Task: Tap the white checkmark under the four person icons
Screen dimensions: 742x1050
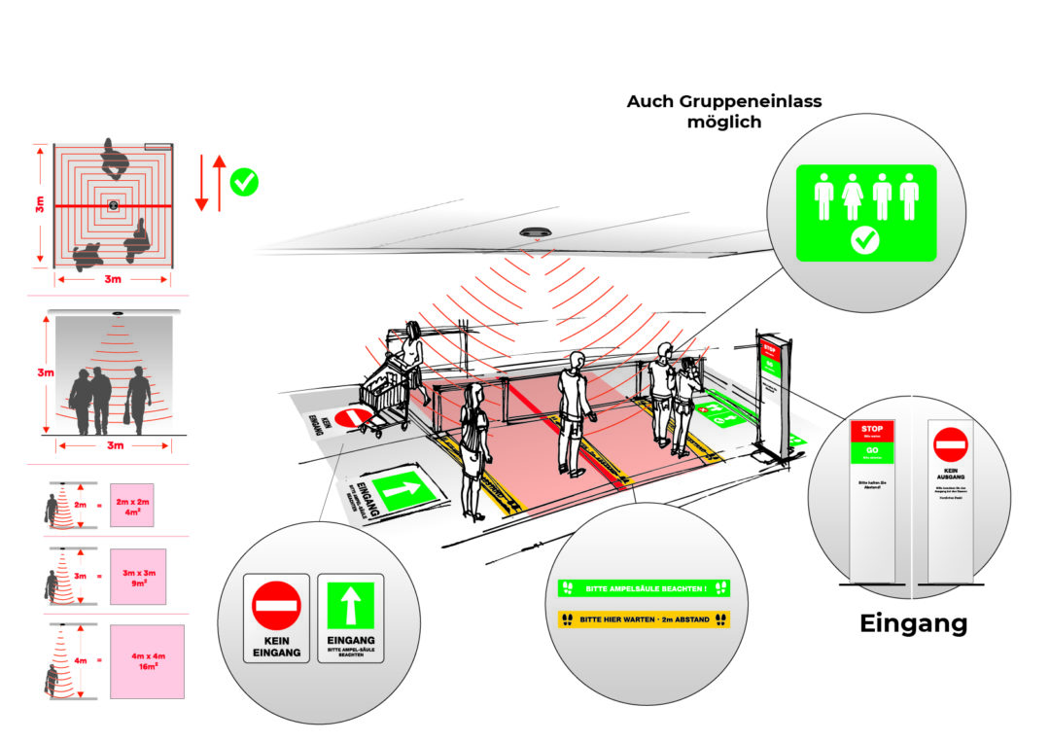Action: coord(865,242)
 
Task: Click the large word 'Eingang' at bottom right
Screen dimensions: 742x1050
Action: coord(913,622)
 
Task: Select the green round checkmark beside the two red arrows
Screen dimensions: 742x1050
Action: coord(243,182)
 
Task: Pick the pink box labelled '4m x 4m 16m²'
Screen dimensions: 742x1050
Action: coord(147,661)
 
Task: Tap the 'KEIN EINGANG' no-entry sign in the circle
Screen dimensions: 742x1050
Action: coord(276,618)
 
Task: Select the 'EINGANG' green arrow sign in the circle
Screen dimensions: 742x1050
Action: coord(351,618)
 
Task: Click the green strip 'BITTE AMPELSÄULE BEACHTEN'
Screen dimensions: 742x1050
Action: coord(643,588)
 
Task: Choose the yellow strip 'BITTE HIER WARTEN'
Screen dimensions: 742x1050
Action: coord(643,618)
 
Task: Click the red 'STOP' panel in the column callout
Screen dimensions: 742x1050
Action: coord(872,431)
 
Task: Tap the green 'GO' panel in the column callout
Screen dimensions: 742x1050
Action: coord(872,451)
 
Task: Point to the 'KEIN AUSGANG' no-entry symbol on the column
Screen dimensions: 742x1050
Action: coord(950,444)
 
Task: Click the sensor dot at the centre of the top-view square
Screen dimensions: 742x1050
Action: coord(113,205)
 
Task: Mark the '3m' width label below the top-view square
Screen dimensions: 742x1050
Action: coord(113,280)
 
